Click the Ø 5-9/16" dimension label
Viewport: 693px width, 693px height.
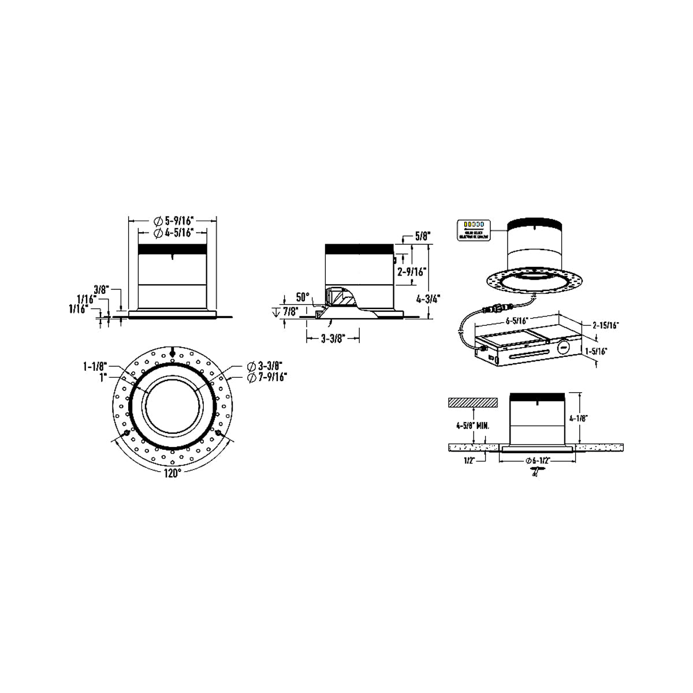pos(173,220)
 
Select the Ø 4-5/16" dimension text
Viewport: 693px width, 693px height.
pos(173,232)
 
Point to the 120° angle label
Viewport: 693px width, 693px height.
pos(172,472)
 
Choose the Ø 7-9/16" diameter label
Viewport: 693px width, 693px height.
pos(267,377)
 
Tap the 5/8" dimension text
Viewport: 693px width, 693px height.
pos(423,235)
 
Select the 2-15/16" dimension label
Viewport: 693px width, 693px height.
pos(605,325)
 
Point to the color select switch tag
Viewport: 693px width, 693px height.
pos(473,229)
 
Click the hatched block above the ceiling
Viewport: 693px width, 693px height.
pos(473,401)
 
